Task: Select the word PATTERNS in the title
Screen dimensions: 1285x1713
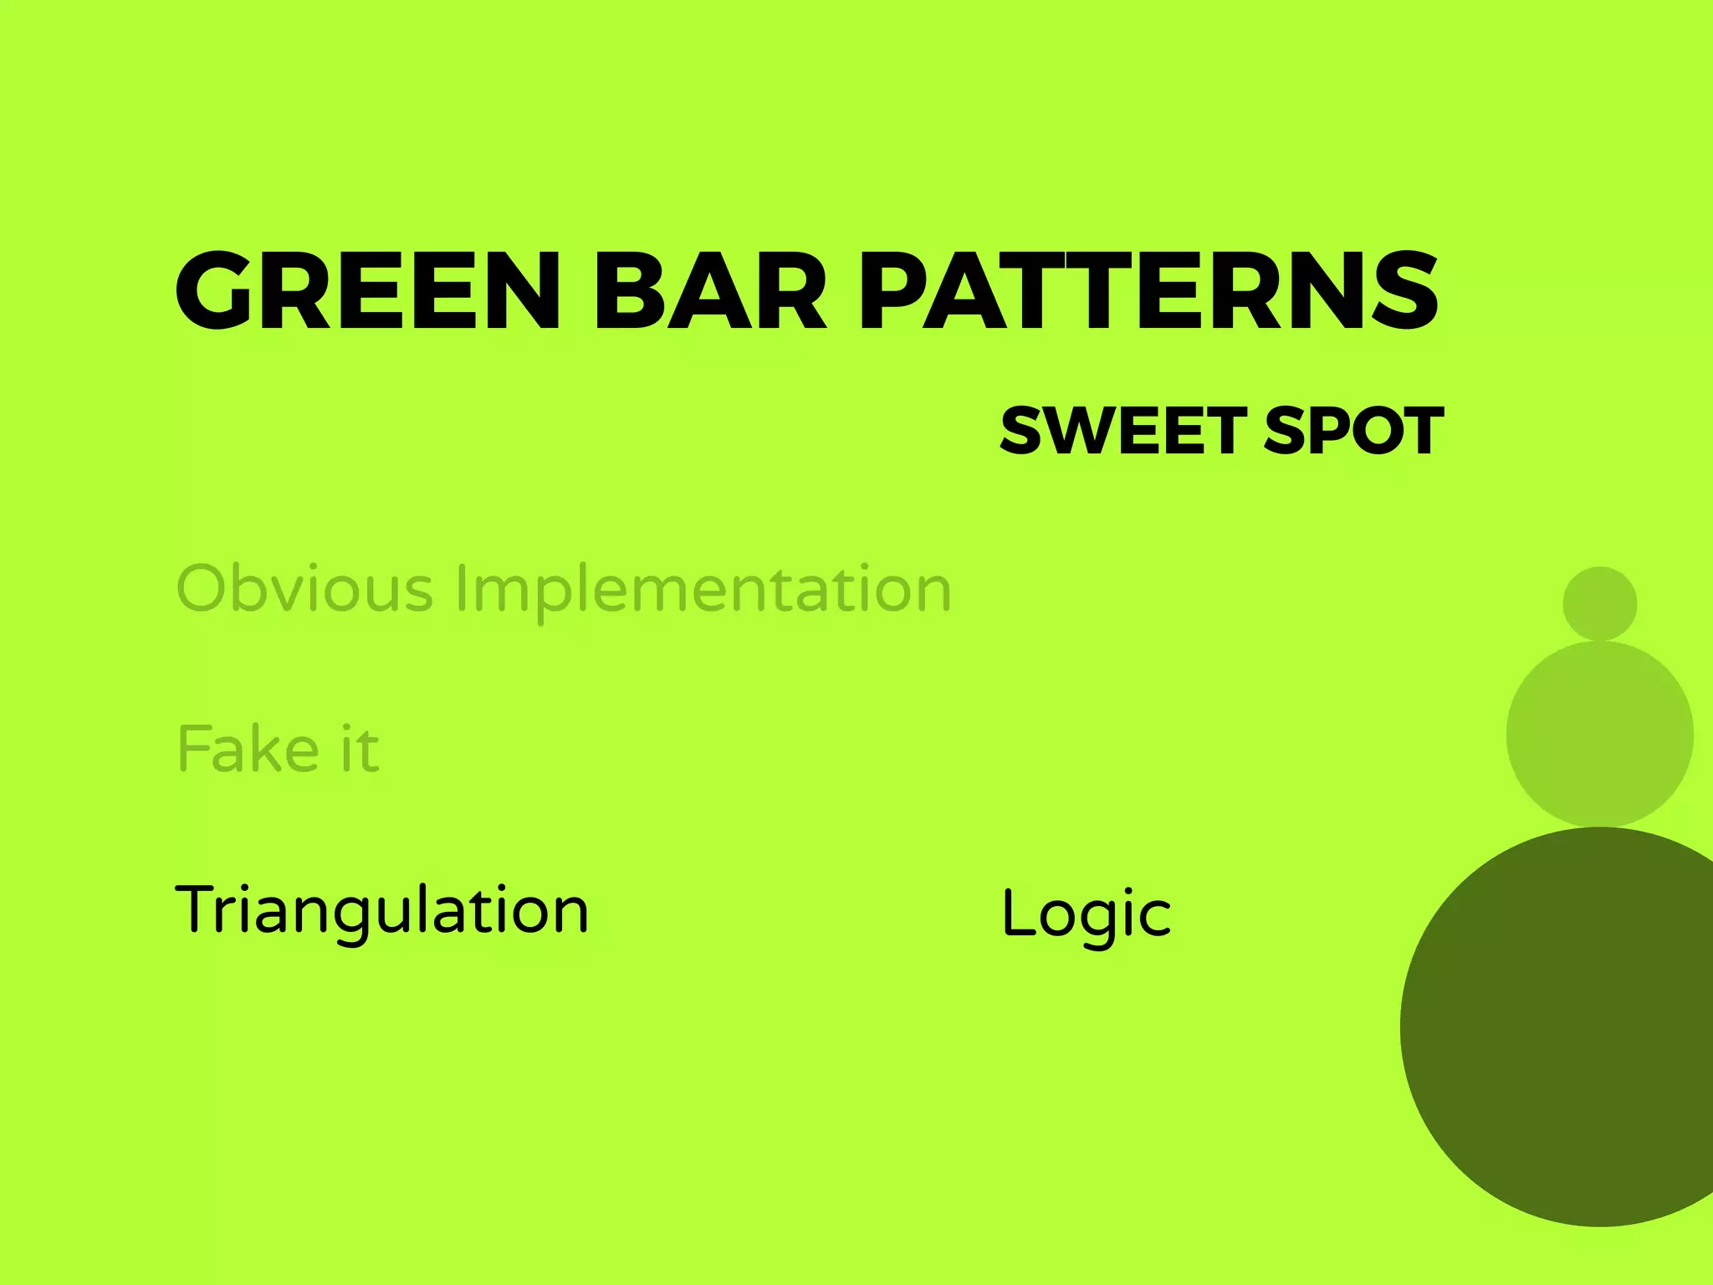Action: click(1148, 290)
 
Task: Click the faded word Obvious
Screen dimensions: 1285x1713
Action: click(304, 588)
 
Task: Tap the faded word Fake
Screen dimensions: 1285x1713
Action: click(248, 749)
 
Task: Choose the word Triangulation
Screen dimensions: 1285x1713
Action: click(382, 910)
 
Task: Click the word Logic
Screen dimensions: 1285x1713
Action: click(1086, 914)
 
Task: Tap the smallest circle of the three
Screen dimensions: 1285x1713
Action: click(1599, 604)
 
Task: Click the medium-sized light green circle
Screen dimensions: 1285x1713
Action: click(1599, 735)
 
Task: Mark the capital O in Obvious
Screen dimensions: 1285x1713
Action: click(203, 588)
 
